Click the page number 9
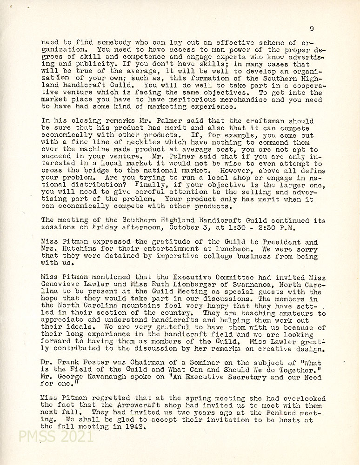click(311, 28)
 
